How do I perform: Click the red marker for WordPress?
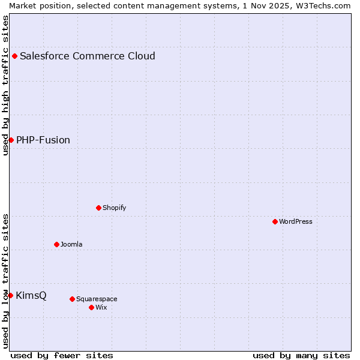coord(275,221)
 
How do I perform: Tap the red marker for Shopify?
coord(98,208)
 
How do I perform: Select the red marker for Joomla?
coord(56,244)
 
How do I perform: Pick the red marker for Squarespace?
coord(72,299)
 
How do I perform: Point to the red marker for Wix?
coord(91,307)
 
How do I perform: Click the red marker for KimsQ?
coord(10,295)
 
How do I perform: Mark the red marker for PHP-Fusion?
coord(11,140)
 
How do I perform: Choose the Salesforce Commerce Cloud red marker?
coord(14,56)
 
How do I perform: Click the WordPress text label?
coord(296,221)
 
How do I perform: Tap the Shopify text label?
coord(114,208)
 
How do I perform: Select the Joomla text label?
coord(71,244)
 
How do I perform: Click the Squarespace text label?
coord(97,299)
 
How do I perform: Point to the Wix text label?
coord(101,307)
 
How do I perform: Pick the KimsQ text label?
coord(31,295)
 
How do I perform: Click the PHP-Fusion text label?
coord(43,140)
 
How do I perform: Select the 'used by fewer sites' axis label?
coord(62,355)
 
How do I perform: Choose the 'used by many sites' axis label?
coord(301,355)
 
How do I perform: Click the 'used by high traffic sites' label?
coord(5,85)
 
